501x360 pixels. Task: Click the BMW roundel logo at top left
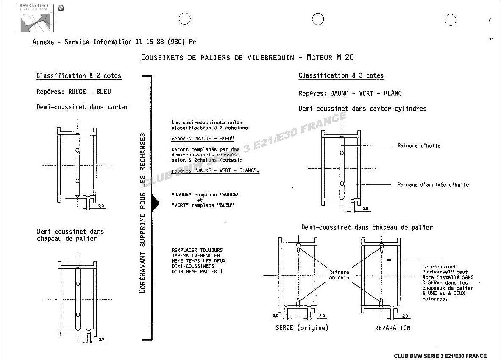61,8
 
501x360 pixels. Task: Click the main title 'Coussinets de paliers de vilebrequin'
217,58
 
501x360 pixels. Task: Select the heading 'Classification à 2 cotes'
79,76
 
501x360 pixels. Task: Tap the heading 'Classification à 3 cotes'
341,75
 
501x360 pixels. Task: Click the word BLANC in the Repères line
392,93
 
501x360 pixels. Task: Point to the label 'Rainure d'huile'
419,145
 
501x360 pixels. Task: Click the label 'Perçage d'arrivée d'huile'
433,184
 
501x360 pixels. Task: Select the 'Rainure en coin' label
340,275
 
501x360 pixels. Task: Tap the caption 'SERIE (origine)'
302,328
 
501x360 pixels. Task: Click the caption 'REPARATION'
392,328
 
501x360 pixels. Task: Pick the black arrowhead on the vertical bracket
156,202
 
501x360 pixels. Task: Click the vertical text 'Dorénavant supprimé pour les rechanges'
142,213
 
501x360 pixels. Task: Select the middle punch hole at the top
318,19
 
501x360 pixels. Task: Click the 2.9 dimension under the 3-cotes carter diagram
365,209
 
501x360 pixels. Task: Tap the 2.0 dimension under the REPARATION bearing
405,316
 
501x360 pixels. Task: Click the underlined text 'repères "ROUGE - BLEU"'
203,138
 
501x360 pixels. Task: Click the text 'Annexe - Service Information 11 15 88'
98,42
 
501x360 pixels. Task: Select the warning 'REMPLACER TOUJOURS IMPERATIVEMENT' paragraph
198,261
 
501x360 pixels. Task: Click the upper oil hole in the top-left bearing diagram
77,150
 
